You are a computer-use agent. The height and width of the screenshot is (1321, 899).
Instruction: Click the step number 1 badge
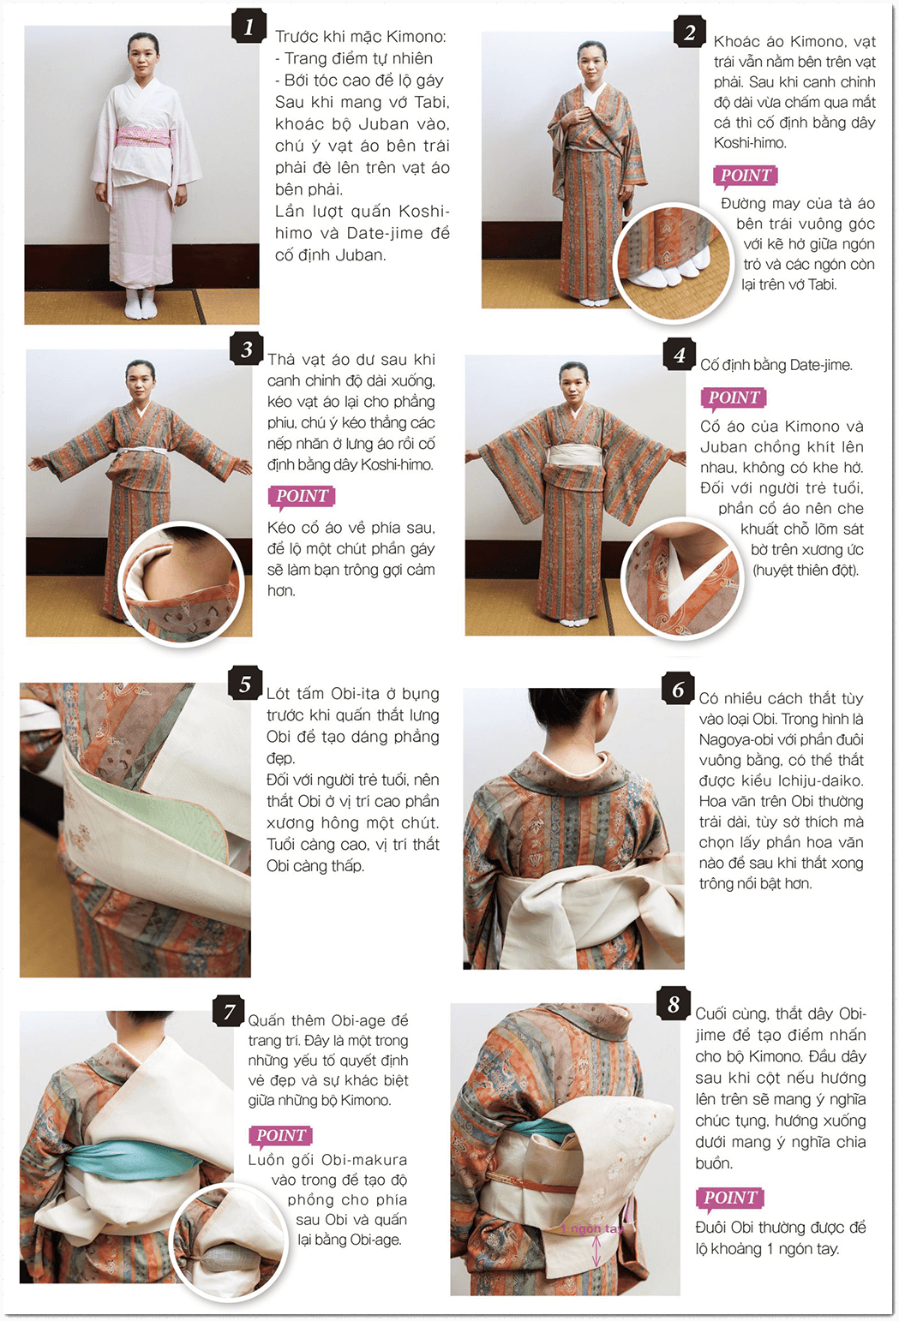[x=249, y=27]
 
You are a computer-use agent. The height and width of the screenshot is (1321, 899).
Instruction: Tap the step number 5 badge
[x=245, y=684]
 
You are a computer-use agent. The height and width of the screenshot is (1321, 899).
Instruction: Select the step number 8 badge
[x=674, y=1004]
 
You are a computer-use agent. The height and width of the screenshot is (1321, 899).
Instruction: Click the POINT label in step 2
[x=745, y=176]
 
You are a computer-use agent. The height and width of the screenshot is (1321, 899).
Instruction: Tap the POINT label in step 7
[x=280, y=1136]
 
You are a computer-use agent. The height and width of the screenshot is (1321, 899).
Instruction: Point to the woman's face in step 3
[x=140, y=382]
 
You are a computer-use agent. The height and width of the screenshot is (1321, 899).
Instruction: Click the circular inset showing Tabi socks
[x=674, y=261]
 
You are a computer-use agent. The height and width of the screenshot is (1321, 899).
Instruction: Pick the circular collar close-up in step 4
[x=681, y=578]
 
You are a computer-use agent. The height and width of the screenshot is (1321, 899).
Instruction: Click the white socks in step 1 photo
[x=141, y=305]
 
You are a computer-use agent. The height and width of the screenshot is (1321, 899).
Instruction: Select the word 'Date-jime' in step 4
[x=820, y=365]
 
